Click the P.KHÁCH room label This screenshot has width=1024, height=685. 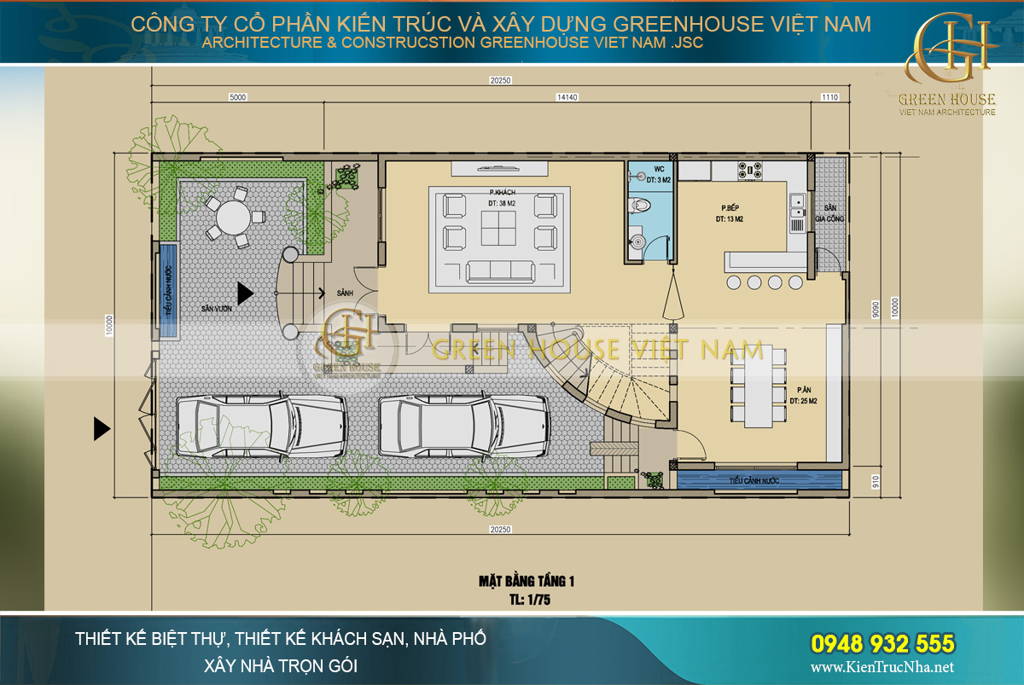point(502,191)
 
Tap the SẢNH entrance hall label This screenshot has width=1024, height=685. point(346,293)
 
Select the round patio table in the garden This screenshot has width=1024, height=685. point(230,218)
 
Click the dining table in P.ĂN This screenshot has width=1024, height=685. point(758,386)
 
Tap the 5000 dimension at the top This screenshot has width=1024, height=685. point(238,97)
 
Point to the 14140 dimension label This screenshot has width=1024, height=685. point(567,97)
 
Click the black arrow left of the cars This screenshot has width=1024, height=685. point(102,428)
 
